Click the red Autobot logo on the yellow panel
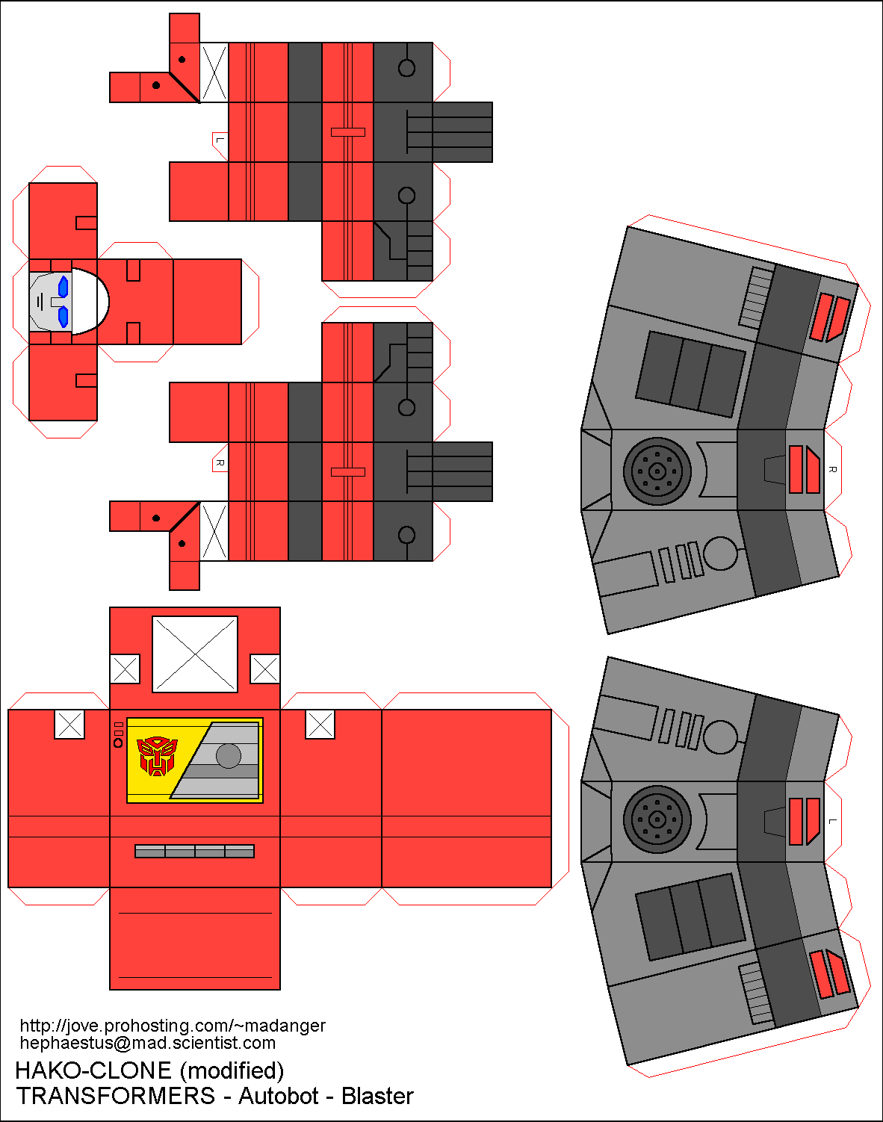click(x=157, y=756)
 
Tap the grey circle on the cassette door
click(x=229, y=756)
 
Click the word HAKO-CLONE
click(x=93, y=1070)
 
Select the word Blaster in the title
click(x=377, y=1096)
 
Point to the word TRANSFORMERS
click(x=116, y=1096)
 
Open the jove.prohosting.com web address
click(x=173, y=1026)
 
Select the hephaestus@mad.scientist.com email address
click(x=148, y=1043)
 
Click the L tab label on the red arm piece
click(x=220, y=140)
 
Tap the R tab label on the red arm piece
click(x=220, y=463)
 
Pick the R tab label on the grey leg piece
click(x=832, y=469)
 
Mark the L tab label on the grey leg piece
click(x=832, y=821)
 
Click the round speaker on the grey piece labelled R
click(x=657, y=471)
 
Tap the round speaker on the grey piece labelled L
click(x=657, y=819)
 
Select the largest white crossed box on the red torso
click(x=195, y=654)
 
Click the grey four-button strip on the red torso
click(x=194, y=851)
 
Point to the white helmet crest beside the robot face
click(x=91, y=301)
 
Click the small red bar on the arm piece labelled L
click(x=348, y=132)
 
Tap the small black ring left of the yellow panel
click(x=118, y=743)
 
